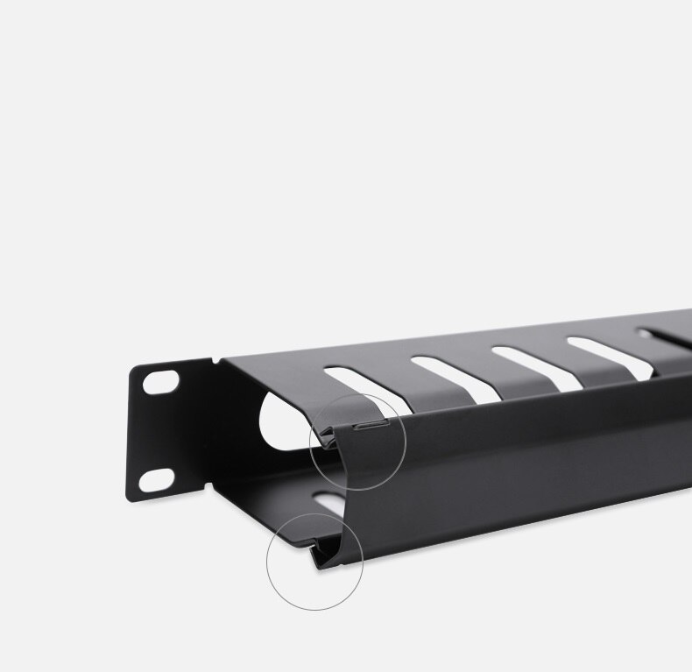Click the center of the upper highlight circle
[358, 441]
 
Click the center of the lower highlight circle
[315, 562]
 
